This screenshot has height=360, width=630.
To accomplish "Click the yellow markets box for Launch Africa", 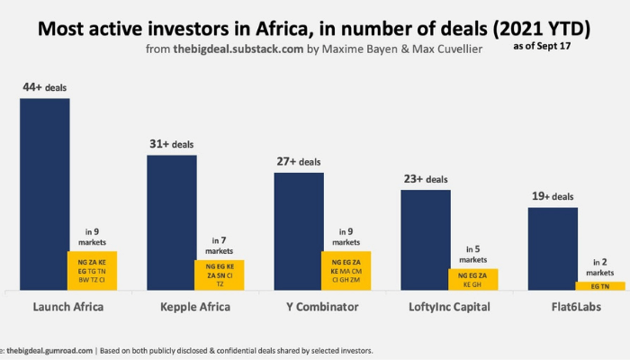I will tap(92, 270).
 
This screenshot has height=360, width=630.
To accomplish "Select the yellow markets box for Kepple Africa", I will tap(219, 274).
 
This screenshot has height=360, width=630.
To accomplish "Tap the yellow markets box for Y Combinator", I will tap(346, 270).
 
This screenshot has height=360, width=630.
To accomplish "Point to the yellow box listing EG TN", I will tap(600, 285).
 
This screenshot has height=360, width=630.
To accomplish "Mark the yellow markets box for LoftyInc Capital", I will tap(472, 279).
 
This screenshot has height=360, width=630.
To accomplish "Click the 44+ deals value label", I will tap(45, 88).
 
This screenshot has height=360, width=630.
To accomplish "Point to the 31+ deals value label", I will tap(171, 144).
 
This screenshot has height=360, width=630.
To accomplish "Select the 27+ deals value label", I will tap(299, 162).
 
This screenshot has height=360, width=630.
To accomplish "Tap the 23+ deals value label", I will tap(425, 179).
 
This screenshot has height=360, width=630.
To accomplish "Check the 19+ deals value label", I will tap(553, 196).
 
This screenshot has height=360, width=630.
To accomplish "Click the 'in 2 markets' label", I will tap(600, 266).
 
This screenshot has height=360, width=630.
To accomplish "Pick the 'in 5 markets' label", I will tap(472, 254).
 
